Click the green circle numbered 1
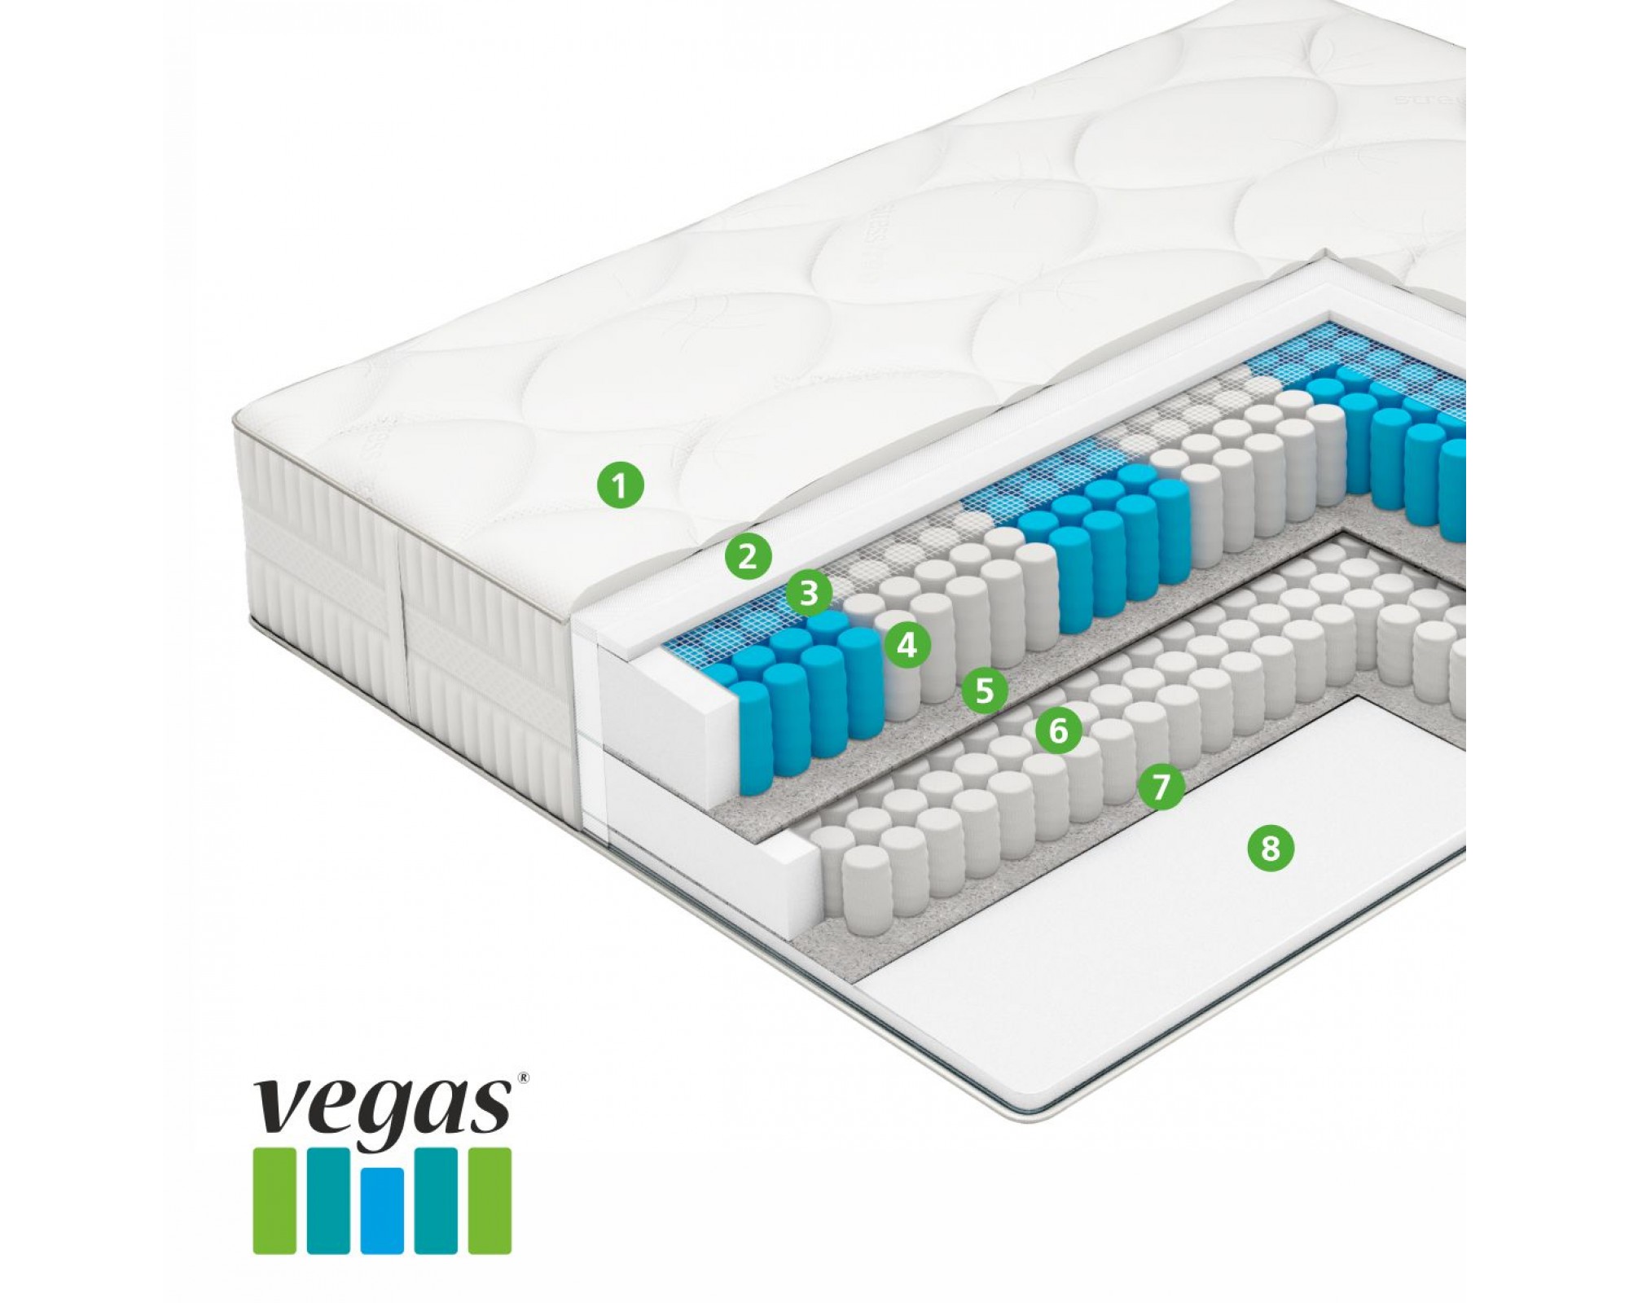[620, 487]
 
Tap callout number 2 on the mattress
[748, 556]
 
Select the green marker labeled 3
[808, 593]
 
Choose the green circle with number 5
[985, 690]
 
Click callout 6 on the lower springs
[1058, 730]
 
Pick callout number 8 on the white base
[1270, 849]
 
